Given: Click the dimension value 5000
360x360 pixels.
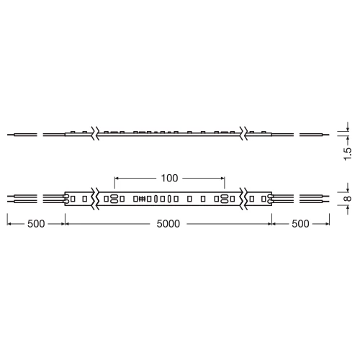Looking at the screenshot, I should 168,224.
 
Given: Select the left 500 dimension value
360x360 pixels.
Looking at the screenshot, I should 36,224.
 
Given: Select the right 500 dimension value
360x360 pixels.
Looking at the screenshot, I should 300,224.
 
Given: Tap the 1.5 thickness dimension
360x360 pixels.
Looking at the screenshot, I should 348,153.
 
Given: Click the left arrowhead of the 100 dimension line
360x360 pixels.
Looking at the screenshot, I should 117,177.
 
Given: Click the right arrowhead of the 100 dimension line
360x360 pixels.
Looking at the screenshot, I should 224,177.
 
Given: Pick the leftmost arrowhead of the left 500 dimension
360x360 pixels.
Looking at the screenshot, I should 9,224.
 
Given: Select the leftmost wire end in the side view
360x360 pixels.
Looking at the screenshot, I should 9,135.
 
